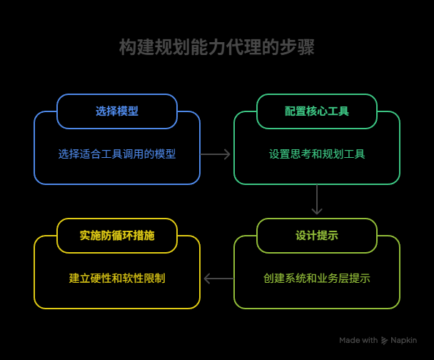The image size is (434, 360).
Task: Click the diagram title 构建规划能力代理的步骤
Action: [217, 47]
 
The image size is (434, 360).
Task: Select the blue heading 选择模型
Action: [117, 111]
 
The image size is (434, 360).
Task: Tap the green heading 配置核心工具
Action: [317, 111]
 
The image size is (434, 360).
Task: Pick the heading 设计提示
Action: [317, 236]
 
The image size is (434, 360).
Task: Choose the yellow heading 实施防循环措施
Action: [117, 236]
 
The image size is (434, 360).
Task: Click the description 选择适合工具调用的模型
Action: [117, 154]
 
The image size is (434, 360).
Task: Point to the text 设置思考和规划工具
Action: [317, 154]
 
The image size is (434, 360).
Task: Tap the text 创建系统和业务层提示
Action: [317, 279]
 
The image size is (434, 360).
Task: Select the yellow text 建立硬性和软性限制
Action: [117, 279]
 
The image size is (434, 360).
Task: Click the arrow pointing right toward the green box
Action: [215, 154]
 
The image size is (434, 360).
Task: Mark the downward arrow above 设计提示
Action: [317, 199]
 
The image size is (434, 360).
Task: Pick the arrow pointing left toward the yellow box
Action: [218, 279]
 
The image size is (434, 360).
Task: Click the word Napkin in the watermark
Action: [403, 340]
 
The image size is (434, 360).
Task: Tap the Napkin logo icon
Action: [384, 341]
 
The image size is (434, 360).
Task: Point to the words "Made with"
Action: [358, 340]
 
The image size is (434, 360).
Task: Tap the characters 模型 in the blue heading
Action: [128, 111]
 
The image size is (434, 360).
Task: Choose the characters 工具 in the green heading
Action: [338, 111]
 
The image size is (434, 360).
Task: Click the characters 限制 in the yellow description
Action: [155, 279]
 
